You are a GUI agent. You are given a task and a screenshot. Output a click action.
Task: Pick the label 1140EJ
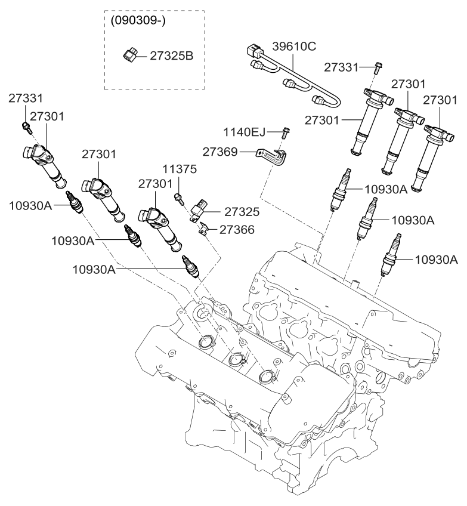244,131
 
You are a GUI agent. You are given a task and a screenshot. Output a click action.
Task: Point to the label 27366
238,229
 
